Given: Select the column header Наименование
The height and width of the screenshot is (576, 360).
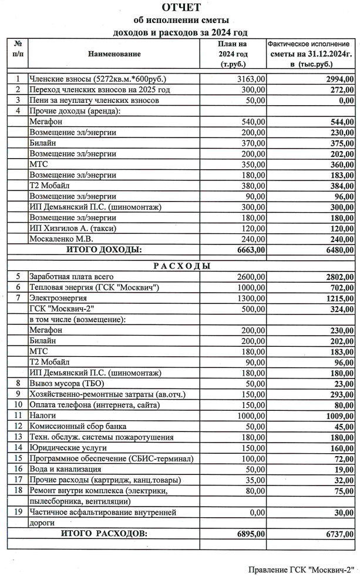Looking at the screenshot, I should coord(115,54).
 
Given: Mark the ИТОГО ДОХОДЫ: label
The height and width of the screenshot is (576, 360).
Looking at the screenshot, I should coord(104,250).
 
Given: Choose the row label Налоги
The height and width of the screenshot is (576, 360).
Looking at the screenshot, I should coord(42,414).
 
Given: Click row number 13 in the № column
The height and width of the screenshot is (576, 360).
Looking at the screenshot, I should coord(18,437).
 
